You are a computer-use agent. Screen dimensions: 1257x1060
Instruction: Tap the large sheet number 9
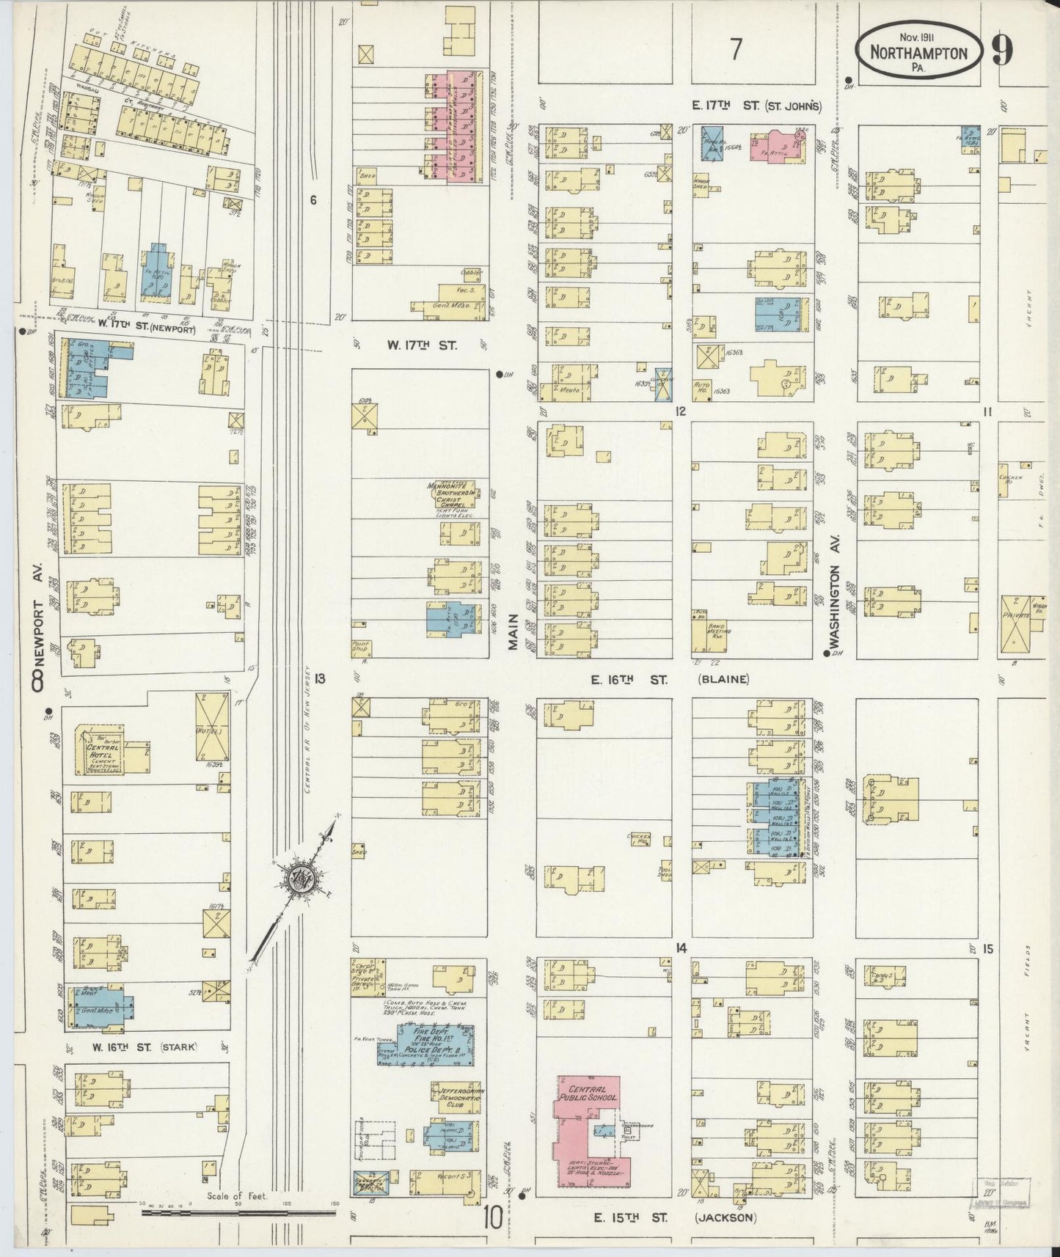pyautogui.click(x=1003, y=49)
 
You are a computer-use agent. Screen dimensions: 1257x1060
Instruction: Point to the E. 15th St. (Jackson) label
pyautogui.click(x=674, y=1217)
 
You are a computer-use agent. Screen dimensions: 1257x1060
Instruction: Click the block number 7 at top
pyautogui.click(x=735, y=49)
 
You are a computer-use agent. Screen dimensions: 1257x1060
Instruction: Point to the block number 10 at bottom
pyautogui.click(x=492, y=1218)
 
